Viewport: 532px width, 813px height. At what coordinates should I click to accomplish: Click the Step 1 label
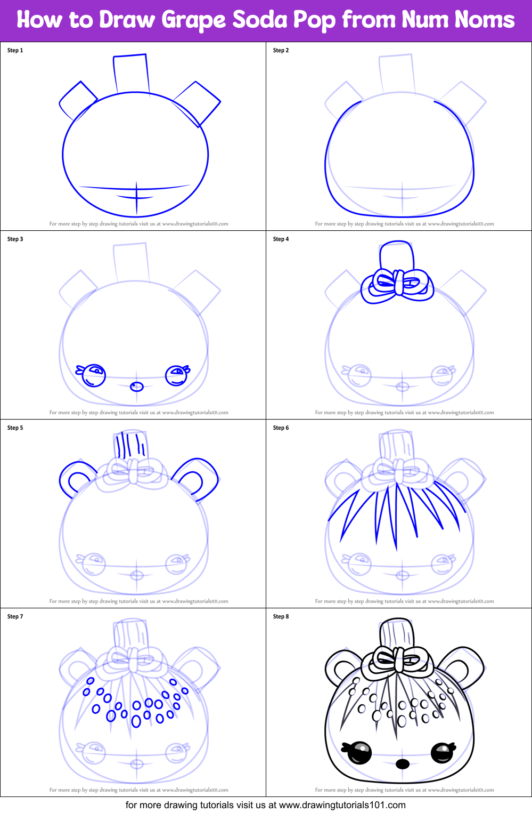click(x=15, y=50)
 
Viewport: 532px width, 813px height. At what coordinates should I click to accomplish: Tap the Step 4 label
click(x=281, y=239)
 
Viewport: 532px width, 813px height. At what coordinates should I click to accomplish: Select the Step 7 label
click(x=15, y=616)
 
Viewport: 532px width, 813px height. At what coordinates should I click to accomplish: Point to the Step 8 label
click(x=281, y=616)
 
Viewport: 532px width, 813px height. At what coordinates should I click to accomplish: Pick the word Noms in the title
click(x=485, y=20)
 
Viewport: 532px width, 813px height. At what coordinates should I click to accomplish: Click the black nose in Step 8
click(x=403, y=764)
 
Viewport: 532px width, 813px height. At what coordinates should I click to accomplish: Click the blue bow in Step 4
click(x=397, y=284)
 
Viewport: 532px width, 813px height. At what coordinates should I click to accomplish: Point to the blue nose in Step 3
click(x=137, y=387)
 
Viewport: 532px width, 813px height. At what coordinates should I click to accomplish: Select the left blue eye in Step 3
click(x=94, y=374)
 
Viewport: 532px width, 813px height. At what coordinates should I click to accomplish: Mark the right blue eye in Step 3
click(x=177, y=375)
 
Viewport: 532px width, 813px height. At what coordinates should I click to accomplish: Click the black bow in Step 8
click(x=397, y=661)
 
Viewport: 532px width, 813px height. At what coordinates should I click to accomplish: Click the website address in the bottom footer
click(x=342, y=805)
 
